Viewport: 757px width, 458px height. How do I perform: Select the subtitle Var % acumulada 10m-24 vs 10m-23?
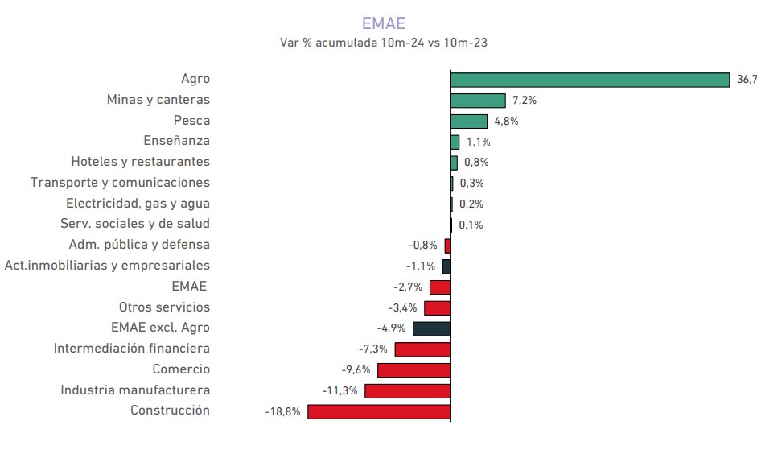pos(383,43)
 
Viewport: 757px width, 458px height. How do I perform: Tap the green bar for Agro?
pos(590,79)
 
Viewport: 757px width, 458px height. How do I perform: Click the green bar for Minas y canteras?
pos(478,100)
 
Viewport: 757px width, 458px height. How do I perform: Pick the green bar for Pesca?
pos(469,121)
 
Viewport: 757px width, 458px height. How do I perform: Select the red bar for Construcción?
pos(379,411)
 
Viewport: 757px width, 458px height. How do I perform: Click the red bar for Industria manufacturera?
pos(407,390)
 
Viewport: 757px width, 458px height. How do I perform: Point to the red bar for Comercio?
pos(413,369)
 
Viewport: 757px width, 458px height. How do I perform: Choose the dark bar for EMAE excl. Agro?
pos(431,328)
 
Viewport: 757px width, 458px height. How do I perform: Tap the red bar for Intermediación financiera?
pos(422,349)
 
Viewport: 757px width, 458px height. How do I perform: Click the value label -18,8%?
pos(282,411)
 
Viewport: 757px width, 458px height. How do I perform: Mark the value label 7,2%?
pos(525,101)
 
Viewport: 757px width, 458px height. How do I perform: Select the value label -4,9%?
pos(391,328)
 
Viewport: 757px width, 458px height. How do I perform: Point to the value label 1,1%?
pos(479,142)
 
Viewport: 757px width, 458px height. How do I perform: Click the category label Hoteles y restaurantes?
pos(140,162)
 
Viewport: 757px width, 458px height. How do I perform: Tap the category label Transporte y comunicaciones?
pos(120,183)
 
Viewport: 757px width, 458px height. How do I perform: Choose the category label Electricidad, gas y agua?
pos(138,204)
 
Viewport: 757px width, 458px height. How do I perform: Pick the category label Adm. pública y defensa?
pos(139,245)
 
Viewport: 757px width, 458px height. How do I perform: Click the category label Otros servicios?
pos(164,307)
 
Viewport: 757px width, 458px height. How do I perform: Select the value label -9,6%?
pos(356,370)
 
